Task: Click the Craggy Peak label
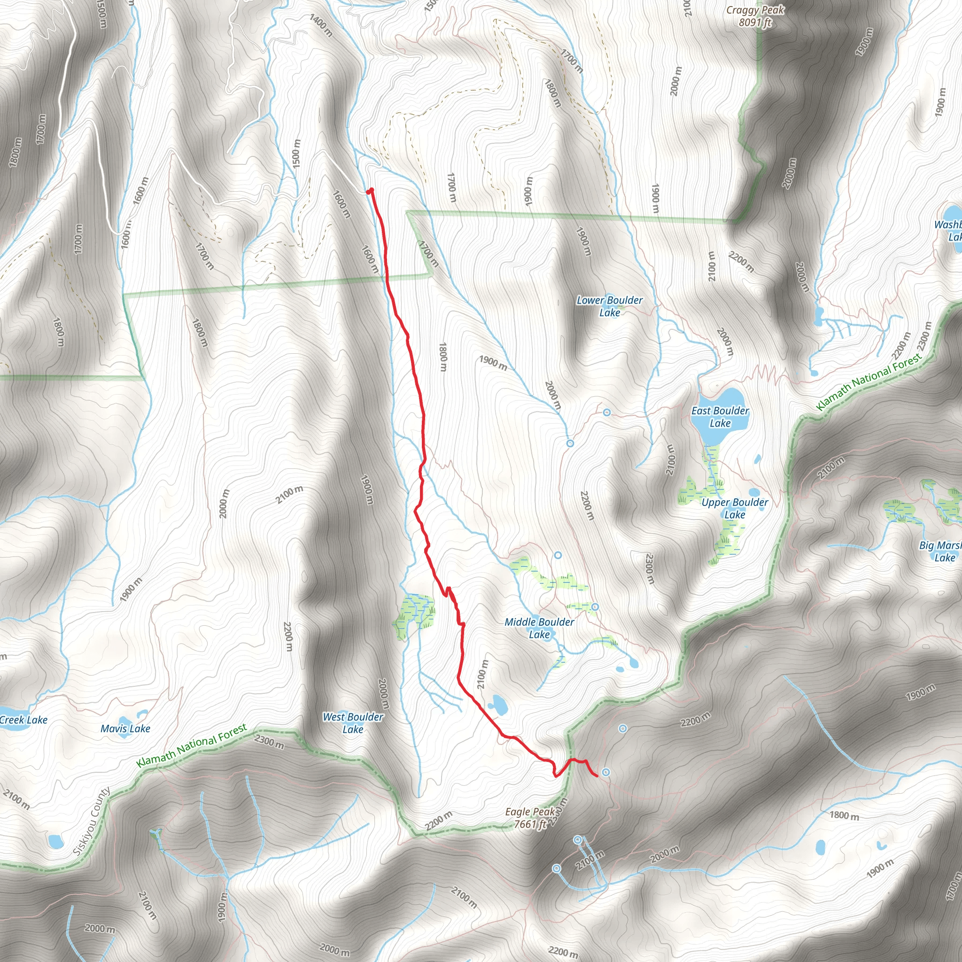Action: (x=755, y=16)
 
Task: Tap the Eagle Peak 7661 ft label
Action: (x=531, y=818)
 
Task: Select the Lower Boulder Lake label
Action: (x=609, y=306)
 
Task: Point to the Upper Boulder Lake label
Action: (x=735, y=508)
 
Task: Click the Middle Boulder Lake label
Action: (x=539, y=628)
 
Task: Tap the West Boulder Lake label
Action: (x=353, y=723)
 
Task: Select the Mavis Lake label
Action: (x=125, y=729)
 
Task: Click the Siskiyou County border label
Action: (x=92, y=822)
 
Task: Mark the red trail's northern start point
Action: (x=370, y=191)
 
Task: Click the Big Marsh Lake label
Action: (x=940, y=551)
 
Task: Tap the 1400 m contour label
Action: (x=321, y=25)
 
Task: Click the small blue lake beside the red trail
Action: (x=497, y=705)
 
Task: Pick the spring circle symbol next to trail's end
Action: (x=606, y=772)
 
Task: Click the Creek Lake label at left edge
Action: (x=23, y=720)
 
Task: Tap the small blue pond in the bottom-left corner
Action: (x=55, y=841)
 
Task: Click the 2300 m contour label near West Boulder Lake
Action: (x=269, y=741)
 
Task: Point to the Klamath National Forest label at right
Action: (x=869, y=382)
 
